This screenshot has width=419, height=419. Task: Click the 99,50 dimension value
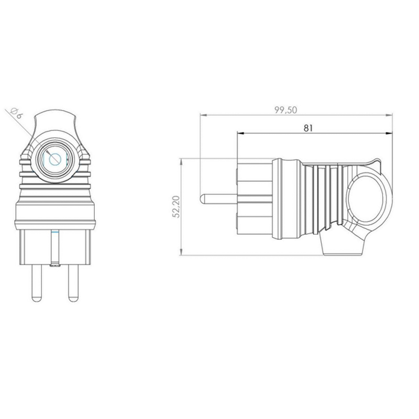coord(285,110)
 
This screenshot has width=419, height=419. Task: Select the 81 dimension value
coord(308,128)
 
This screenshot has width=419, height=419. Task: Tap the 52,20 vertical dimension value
coord(177,206)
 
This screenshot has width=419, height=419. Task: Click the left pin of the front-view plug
coord(36,283)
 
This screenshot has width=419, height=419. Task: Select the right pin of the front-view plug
coord(73,283)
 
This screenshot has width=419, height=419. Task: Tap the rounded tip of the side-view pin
coord(202,199)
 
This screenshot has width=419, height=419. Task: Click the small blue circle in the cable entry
coord(56,160)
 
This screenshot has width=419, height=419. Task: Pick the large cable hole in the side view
coord(365,199)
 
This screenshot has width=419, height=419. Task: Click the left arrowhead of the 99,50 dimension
coord(203,115)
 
